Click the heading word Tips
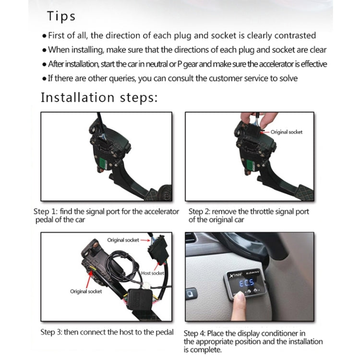tap(61, 16)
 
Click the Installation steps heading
tap(99, 97)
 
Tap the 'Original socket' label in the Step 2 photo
tap(287, 132)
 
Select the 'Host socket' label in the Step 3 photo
tap(152, 273)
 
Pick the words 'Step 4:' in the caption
tap(195, 333)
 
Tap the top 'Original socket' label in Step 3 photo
tap(123, 240)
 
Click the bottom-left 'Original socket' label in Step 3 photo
tap(86, 291)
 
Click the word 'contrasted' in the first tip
tap(296, 36)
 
